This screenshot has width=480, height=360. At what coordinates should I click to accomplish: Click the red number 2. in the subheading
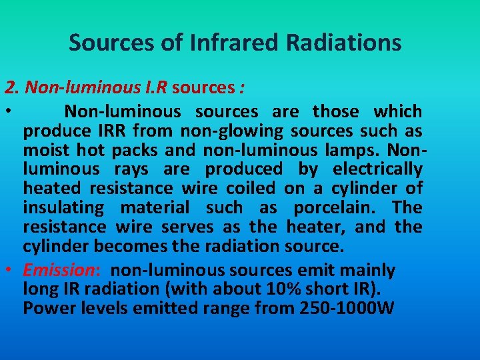tap(12, 87)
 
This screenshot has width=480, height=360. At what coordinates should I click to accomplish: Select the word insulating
tap(63, 208)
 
